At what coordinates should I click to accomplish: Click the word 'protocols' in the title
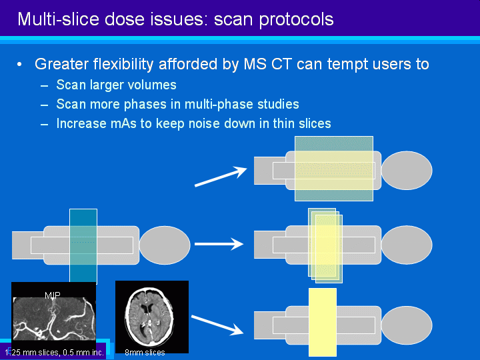(296, 20)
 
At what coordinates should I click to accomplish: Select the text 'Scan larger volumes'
(116, 85)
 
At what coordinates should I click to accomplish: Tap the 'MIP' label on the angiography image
(53, 295)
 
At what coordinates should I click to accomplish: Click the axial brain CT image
(152, 317)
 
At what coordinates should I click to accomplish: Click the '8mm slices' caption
(145, 353)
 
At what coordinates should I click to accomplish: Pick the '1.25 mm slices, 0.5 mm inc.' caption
(55, 353)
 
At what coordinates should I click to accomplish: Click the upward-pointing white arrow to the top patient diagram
(221, 176)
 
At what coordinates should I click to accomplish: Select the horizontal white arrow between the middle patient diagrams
(219, 244)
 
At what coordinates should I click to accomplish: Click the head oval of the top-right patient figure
(407, 171)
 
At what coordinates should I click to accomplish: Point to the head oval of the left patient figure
(165, 245)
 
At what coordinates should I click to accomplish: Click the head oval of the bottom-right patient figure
(407, 325)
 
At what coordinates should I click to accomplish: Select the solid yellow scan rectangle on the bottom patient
(323, 323)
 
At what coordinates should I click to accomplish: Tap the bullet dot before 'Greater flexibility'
(19, 65)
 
